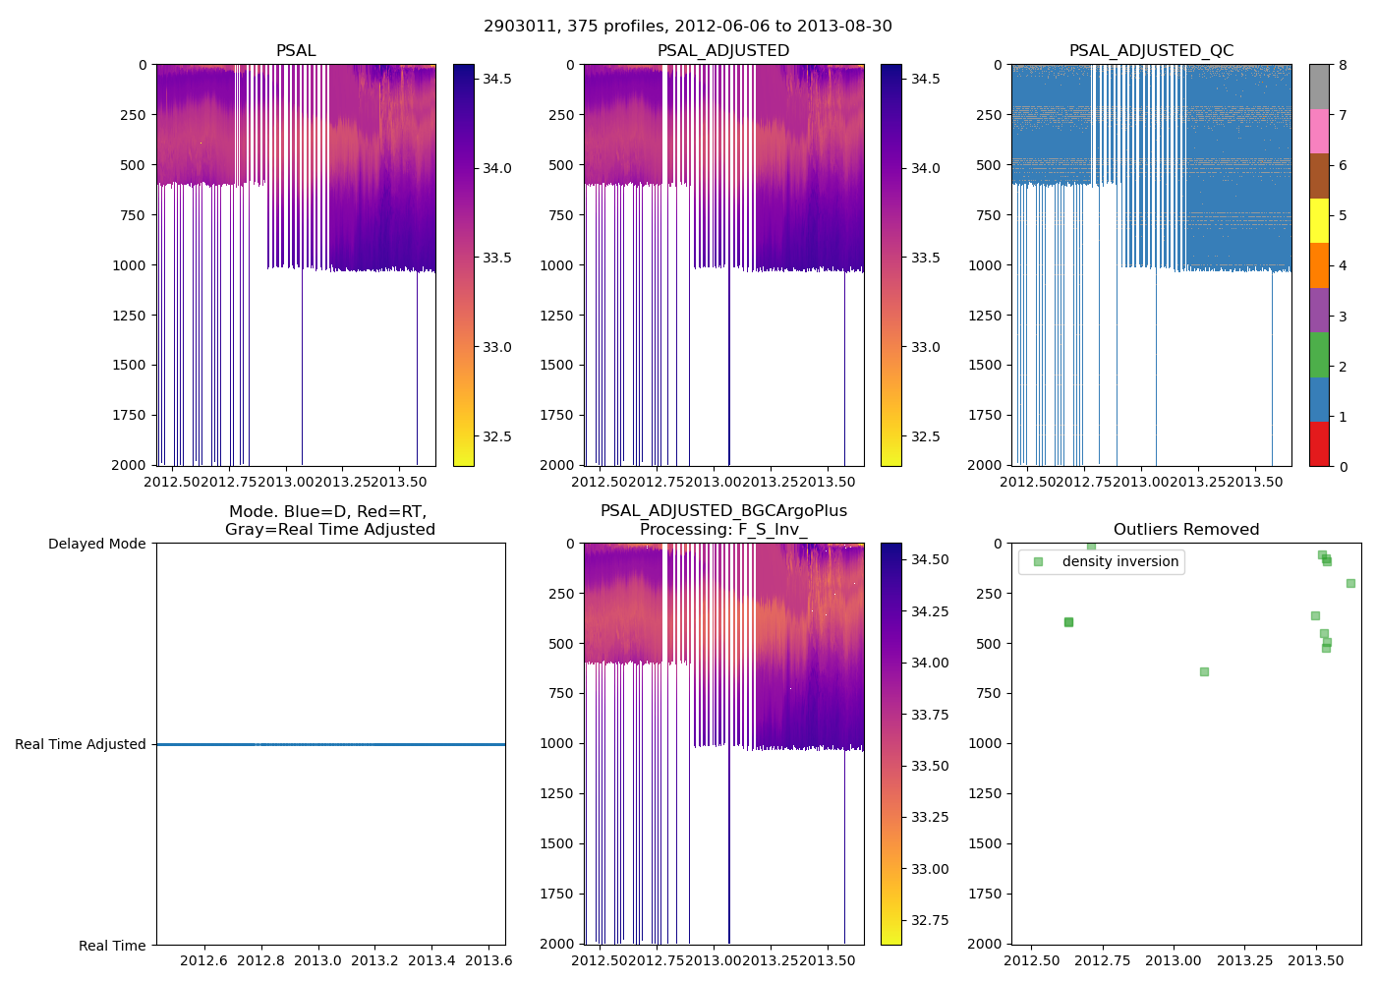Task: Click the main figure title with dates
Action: (688, 27)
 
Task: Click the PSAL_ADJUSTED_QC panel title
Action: (1151, 51)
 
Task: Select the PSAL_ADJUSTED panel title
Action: (723, 51)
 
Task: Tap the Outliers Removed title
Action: (1185, 530)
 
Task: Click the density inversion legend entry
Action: (1119, 561)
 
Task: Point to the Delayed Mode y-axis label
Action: (96, 544)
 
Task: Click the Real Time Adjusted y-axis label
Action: (81, 744)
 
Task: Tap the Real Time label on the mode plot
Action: (112, 946)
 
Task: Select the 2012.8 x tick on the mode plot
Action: (260, 960)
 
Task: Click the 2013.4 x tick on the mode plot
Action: (431, 960)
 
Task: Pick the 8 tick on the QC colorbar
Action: (1343, 65)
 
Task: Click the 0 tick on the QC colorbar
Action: (1343, 466)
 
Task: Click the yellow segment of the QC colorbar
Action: (1319, 221)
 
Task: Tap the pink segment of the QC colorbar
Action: (1319, 132)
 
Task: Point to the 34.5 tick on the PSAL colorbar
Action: (496, 79)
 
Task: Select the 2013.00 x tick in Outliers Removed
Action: (1174, 960)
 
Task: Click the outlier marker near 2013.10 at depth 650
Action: (1204, 671)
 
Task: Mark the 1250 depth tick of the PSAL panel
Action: (127, 315)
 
